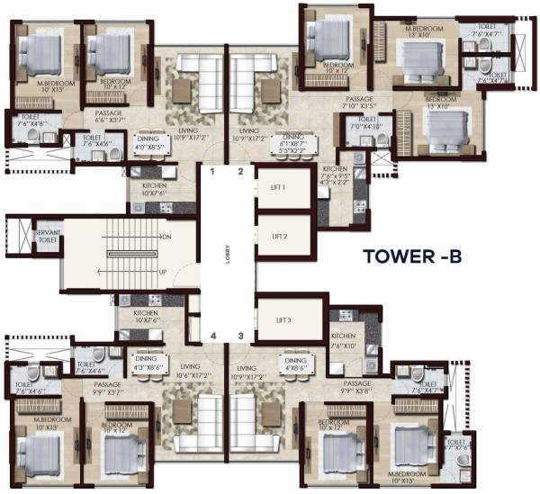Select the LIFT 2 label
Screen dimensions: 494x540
(x=280, y=236)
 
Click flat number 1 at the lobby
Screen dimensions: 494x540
(x=213, y=170)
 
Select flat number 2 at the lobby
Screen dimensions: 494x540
(x=240, y=170)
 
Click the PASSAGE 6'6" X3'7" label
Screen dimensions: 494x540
(x=109, y=117)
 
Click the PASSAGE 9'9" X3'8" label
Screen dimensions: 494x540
(x=357, y=389)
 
